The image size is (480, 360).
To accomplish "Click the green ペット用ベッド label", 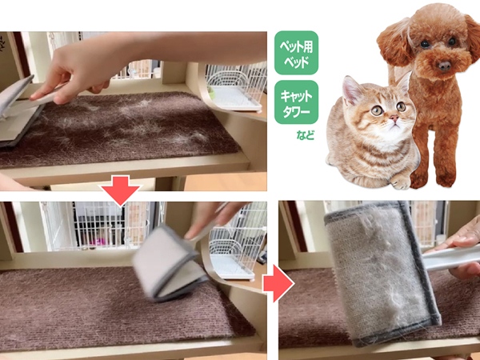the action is pos(296,53).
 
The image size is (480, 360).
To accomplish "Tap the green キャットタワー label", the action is pos(296,102).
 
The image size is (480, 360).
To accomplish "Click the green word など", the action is pos(306,135).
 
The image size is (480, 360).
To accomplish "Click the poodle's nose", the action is pos(444,66).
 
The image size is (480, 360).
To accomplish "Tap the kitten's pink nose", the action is pos(394,118).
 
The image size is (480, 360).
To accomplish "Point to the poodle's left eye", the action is pos(451,41).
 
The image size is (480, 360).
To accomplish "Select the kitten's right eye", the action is pos(376,110).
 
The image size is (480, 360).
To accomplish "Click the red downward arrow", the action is pos(121,190).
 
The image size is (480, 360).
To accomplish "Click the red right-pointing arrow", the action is pos(278,283).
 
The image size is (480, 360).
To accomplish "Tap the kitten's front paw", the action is pos(401,182).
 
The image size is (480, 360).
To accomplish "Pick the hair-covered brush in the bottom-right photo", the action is pos(382,273).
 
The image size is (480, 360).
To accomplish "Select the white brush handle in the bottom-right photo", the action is pos(450,257).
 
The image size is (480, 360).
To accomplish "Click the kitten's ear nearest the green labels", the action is pos(351,90).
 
